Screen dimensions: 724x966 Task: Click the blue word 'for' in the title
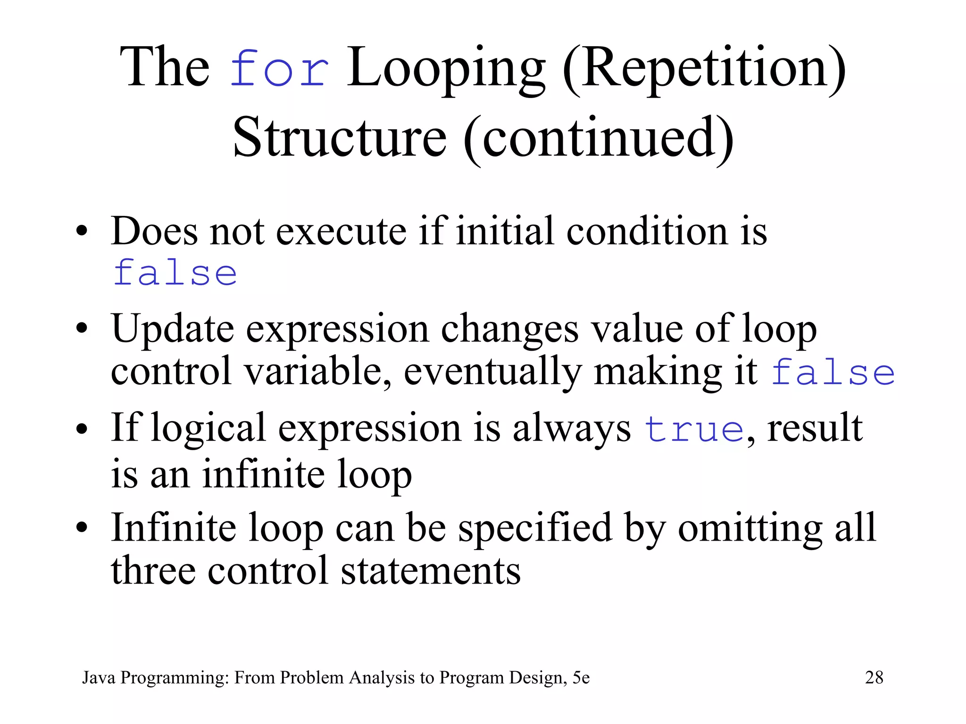[279, 69]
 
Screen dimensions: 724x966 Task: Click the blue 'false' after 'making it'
[833, 372]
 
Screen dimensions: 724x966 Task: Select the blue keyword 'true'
[694, 429]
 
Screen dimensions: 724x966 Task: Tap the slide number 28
[874, 677]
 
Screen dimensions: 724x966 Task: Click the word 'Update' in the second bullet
[173, 329]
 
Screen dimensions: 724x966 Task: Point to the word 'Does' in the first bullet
[154, 231]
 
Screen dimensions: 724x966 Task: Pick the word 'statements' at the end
[430, 571]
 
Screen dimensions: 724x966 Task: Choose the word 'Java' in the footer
[99, 677]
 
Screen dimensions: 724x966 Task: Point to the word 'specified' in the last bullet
[535, 528]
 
